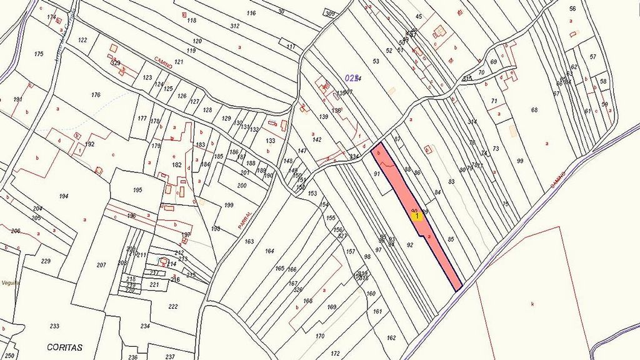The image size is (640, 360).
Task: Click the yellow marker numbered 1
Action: (417, 216)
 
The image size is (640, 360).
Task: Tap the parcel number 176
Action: (96, 95)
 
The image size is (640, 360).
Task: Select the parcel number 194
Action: (63, 196)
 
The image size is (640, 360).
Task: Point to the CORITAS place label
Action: (65, 347)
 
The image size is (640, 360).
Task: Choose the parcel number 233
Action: (54, 326)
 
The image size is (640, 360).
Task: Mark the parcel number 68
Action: (534, 111)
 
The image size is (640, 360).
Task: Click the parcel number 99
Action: (520, 161)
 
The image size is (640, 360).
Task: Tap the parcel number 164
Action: (269, 251)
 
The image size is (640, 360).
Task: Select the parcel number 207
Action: (101, 265)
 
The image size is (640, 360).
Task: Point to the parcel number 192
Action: (89, 144)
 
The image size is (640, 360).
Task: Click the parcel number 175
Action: (39, 54)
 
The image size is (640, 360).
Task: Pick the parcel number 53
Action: (376, 61)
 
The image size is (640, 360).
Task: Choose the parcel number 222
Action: (173, 306)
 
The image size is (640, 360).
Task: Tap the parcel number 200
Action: (242, 186)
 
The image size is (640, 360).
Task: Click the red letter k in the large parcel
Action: (532, 304)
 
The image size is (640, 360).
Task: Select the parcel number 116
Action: (251, 13)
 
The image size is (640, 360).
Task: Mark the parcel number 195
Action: (137, 189)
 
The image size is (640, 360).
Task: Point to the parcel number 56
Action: (572, 9)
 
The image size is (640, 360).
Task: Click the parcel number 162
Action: (391, 337)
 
